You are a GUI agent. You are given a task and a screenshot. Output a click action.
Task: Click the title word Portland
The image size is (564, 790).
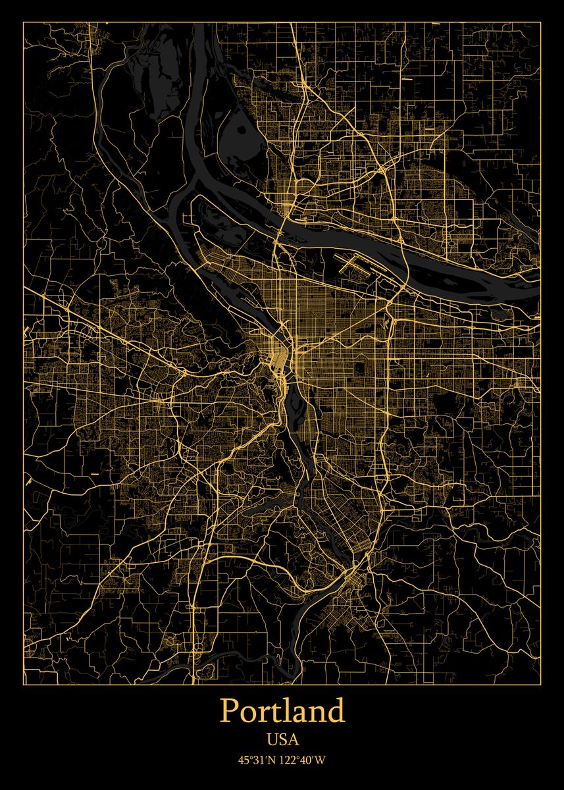282,711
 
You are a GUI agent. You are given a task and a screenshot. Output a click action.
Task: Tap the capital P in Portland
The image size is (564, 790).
228,711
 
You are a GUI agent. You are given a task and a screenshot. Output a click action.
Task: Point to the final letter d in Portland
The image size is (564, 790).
335,711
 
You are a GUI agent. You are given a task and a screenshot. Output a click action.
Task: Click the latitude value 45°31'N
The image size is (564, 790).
258,760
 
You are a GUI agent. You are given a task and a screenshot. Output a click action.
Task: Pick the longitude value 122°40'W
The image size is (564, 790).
303,760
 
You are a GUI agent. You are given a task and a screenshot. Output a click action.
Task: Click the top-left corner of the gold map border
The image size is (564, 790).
24,22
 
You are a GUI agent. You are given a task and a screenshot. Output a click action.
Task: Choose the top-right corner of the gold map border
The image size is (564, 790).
540,22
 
